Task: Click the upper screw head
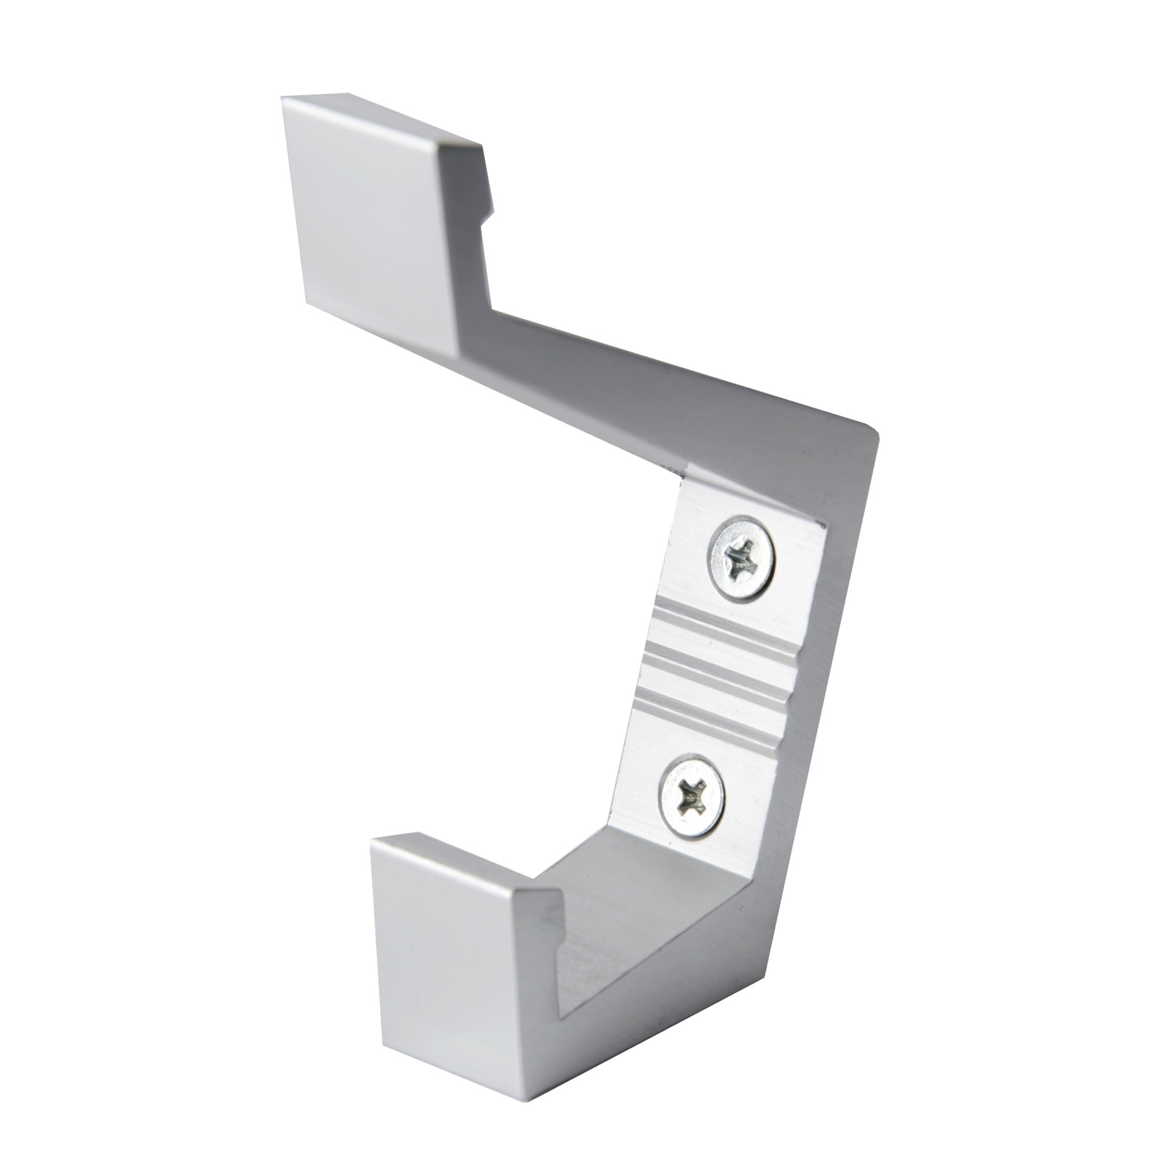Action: [742, 558]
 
